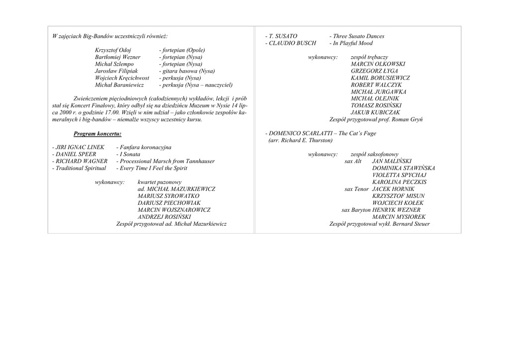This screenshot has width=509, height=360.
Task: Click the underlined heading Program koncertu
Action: click(x=97, y=134)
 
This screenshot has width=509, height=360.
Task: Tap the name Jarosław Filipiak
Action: click(x=116, y=71)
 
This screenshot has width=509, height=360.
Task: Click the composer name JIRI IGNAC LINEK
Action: click(x=78, y=148)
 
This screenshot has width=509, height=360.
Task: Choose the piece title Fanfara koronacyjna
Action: click(x=144, y=148)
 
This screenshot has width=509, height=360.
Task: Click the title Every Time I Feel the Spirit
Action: click(x=152, y=168)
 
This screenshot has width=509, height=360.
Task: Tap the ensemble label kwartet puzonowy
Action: click(x=160, y=182)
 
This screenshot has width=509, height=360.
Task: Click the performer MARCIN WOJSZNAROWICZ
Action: click(x=174, y=210)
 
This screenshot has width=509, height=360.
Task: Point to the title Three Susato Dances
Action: click(x=356, y=36)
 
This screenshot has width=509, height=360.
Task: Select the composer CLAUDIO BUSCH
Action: click(x=291, y=43)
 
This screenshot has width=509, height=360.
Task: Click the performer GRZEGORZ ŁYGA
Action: click(x=374, y=71)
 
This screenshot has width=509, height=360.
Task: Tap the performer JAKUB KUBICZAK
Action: click(x=375, y=112)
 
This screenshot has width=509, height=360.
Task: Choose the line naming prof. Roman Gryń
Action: click(x=376, y=120)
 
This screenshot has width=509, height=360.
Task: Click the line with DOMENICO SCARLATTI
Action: click(x=321, y=133)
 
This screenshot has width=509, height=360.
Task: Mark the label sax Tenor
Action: click(x=356, y=189)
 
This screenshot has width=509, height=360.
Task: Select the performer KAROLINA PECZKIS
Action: click(x=399, y=182)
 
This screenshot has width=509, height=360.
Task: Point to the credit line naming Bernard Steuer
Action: click(x=379, y=224)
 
